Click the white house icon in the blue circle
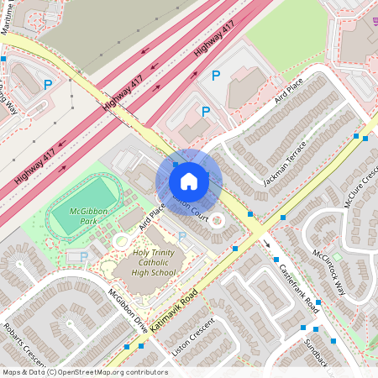pos(189,180)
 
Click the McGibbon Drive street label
pos(127,311)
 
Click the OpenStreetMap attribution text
pos(85,372)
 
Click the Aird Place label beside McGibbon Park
pos(152,217)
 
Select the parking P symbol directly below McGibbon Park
pos(82,257)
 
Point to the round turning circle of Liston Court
pos(218,220)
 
